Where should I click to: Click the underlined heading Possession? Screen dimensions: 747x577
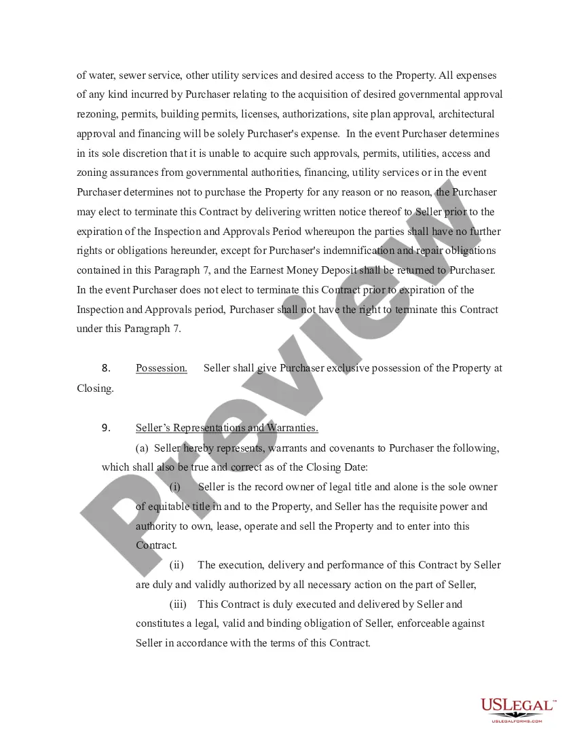[x=162, y=368]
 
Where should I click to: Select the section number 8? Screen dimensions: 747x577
[x=106, y=368]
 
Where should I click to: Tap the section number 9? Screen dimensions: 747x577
[x=106, y=428]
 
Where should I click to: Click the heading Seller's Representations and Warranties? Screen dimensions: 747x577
[x=227, y=428]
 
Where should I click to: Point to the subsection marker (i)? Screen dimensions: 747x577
[x=175, y=487]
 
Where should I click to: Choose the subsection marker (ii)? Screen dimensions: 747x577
[x=176, y=565]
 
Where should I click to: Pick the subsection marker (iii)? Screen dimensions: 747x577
[x=178, y=604]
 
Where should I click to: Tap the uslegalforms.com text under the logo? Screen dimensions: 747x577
[x=517, y=721]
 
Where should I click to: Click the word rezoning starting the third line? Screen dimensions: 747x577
[x=97, y=114]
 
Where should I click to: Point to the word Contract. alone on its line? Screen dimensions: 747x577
[x=156, y=545]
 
